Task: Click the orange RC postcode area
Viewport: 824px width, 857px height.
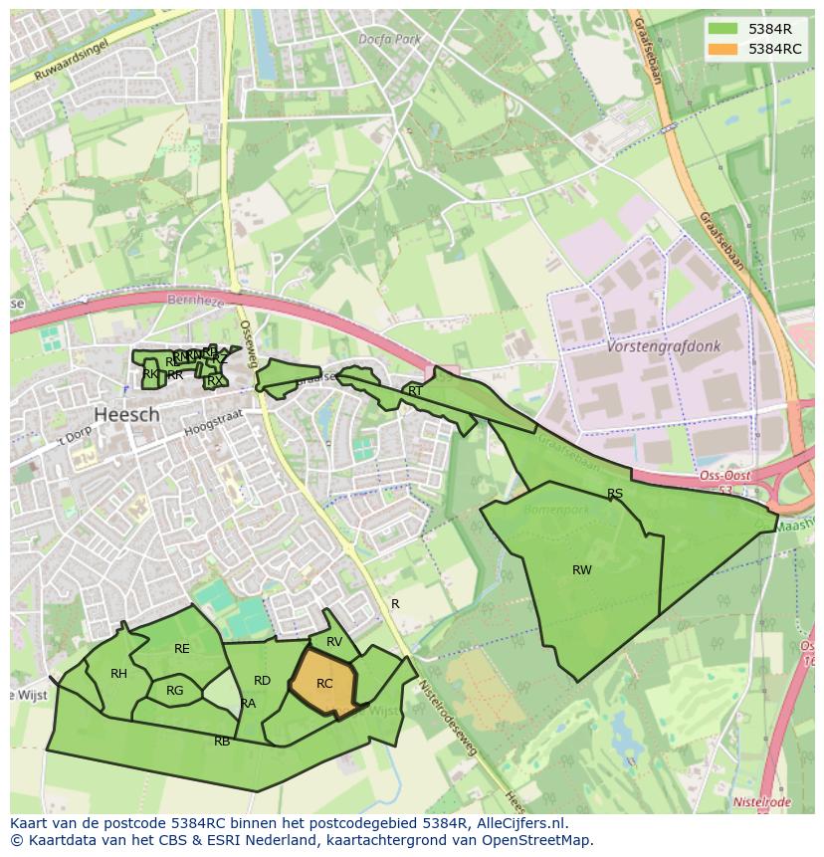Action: (x=324, y=684)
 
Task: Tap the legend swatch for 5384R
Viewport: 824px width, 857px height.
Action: (x=724, y=29)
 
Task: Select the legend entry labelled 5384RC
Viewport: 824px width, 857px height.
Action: (x=774, y=49)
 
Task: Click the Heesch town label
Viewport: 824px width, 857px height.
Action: (x=126, y=414)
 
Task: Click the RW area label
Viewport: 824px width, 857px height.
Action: (x=582, y=570)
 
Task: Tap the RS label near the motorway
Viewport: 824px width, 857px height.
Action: (x=615, y=494)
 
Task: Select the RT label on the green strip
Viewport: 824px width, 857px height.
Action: (x=415, y=391)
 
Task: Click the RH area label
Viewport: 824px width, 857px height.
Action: (x=118, y=674)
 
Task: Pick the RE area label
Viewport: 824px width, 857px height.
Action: (x=181, y=649)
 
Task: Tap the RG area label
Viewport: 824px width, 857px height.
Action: (x=175, y=691)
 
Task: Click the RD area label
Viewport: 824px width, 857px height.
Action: (x=262, y=681)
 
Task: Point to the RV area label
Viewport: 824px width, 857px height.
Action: (x=334, y=642)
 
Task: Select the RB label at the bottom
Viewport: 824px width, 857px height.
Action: (x=222, y=742)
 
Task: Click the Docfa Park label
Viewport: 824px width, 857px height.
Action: (x=390, y=39)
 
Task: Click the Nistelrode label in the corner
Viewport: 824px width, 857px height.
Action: (x=761, y=802)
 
